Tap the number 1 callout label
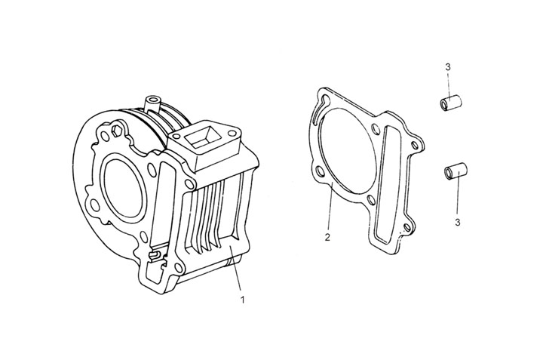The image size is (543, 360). (242, 300)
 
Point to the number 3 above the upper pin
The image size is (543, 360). (448, 68)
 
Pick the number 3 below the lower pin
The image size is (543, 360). (457, 223)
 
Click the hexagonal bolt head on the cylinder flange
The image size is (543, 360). (117, 134)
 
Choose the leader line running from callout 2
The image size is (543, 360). (330, 211)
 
